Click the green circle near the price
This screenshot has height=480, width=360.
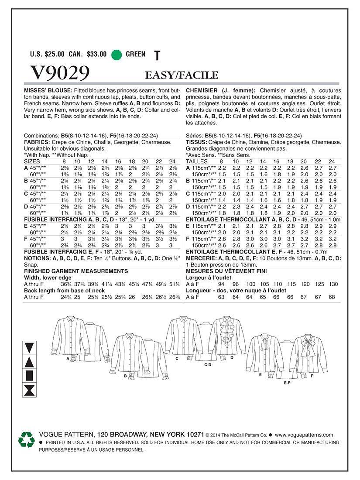(x=116, y=55)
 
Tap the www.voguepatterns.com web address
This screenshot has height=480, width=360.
(x=304, y=435)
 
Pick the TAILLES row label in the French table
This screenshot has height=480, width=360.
(x=197, y=161)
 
